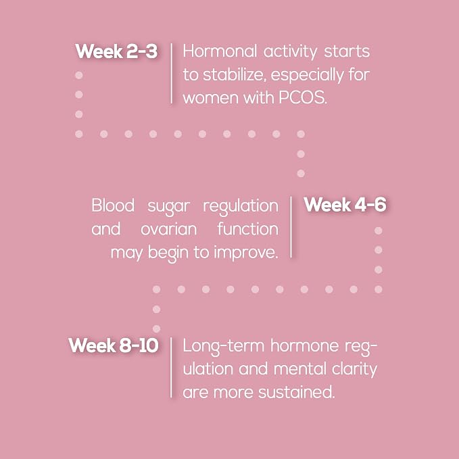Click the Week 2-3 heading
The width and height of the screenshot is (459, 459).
click(x=116, y=51)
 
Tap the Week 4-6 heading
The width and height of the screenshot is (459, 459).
click(x=345, y=204)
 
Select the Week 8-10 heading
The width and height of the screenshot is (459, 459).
click(x=114, y=345)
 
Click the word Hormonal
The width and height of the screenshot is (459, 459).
click(x=220, y=51)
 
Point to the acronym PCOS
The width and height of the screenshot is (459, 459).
click(x=302, y=97)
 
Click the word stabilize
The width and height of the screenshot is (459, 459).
click(x=235, y=74)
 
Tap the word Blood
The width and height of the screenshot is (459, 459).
click(x=113, y=205)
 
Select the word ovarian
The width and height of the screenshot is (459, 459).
click(x=169, y=229)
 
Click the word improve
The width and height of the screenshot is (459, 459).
click(x=246, y=253)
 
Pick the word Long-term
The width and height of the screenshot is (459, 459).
click(x=224, y=347)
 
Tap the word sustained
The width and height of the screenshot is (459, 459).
click(x=297, y=391)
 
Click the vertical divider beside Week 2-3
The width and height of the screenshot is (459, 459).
click(x=172, y=74)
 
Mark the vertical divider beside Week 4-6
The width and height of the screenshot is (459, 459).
click(x=291, y=227)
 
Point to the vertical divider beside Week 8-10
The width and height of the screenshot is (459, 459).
click(x=171, y=367)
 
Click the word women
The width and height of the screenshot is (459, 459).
click(x=210, y=97)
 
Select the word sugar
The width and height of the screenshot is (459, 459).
click(x=169, y=206)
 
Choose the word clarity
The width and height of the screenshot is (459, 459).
click(x=355, y=369)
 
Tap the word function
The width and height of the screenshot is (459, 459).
click(x=248, y=228)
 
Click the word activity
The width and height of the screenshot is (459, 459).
click(x=291, y=52)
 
